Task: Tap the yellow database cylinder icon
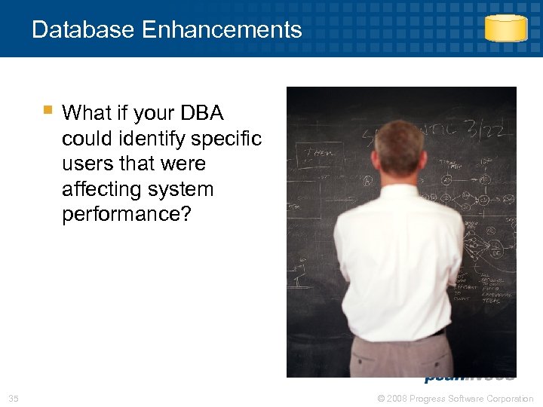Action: pos(505,28)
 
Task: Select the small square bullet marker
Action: pos(48,111)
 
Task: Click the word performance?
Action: pos(127,214)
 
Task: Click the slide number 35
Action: pos(14,398)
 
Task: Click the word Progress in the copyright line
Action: pos(433,398)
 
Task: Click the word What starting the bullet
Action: pos(86,113)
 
